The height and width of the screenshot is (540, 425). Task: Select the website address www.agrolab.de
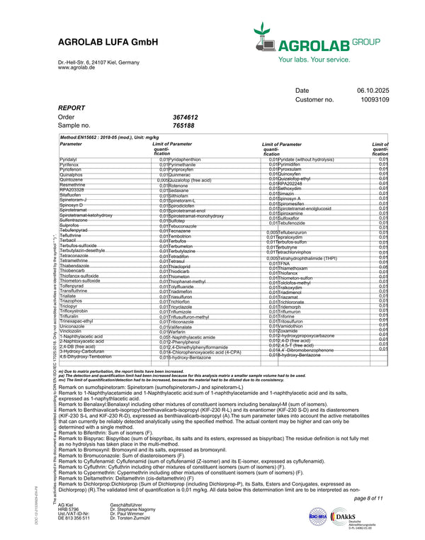tap(77, 67)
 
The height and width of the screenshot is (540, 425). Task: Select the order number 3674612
tap(185, 117)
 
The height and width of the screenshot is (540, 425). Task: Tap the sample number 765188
tap(183, 125)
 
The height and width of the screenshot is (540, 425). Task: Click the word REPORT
tap(72, 108)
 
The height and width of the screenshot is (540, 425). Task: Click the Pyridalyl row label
tap(69, 160)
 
